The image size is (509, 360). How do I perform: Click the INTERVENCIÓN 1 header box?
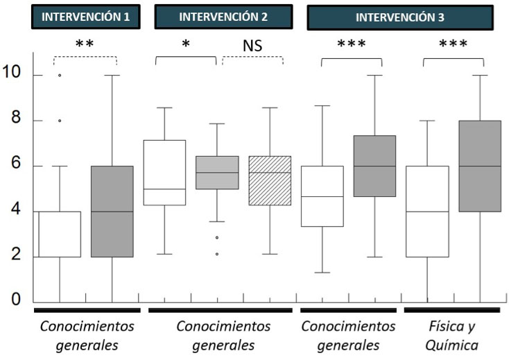point(85,17)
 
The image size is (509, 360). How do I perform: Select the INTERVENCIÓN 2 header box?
point(220,17)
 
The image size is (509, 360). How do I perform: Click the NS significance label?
point(252,46)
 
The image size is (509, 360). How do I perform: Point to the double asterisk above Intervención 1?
point(85,44)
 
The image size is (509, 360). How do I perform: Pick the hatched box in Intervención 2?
point(270,180)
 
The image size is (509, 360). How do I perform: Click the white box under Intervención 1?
point(60,234)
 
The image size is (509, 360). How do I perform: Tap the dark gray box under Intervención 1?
point(112,212)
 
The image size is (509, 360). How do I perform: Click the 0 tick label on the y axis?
point(16,300)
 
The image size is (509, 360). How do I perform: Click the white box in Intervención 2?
point(164,173)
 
